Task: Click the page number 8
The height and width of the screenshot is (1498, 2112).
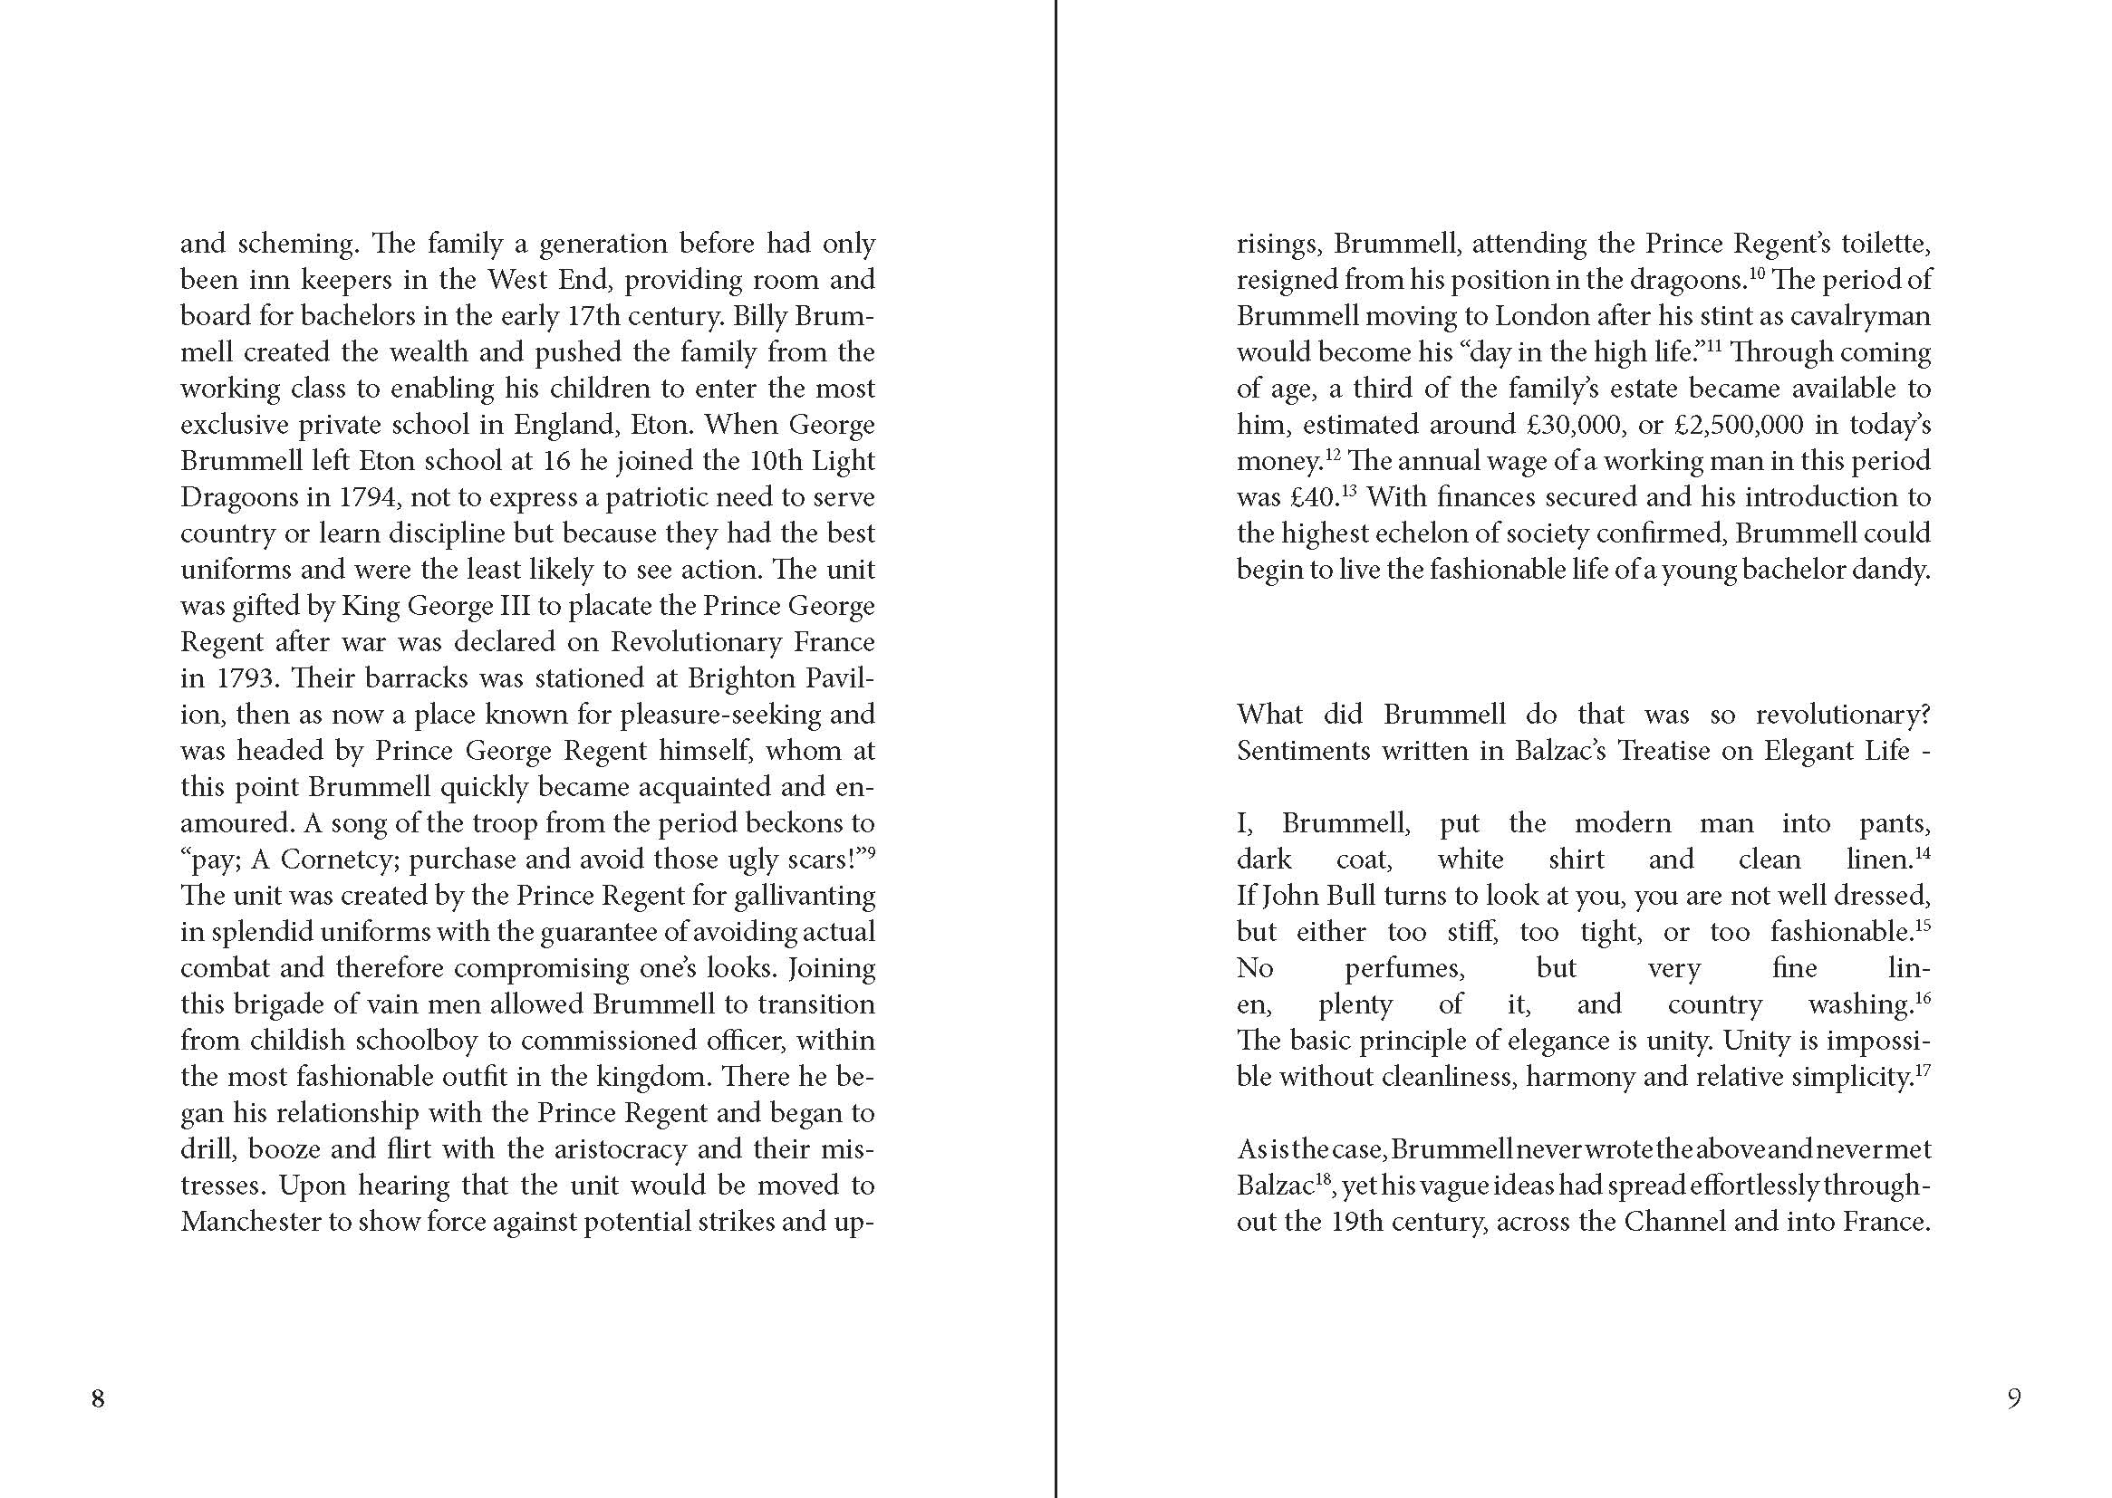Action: [98, 1399]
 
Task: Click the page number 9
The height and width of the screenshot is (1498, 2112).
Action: [2014, 1399]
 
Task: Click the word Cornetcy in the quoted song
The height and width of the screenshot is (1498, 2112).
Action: [339, 859]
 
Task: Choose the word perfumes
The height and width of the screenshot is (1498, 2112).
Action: [1404, 967]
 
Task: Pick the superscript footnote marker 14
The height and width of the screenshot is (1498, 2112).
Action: [1923, 852]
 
